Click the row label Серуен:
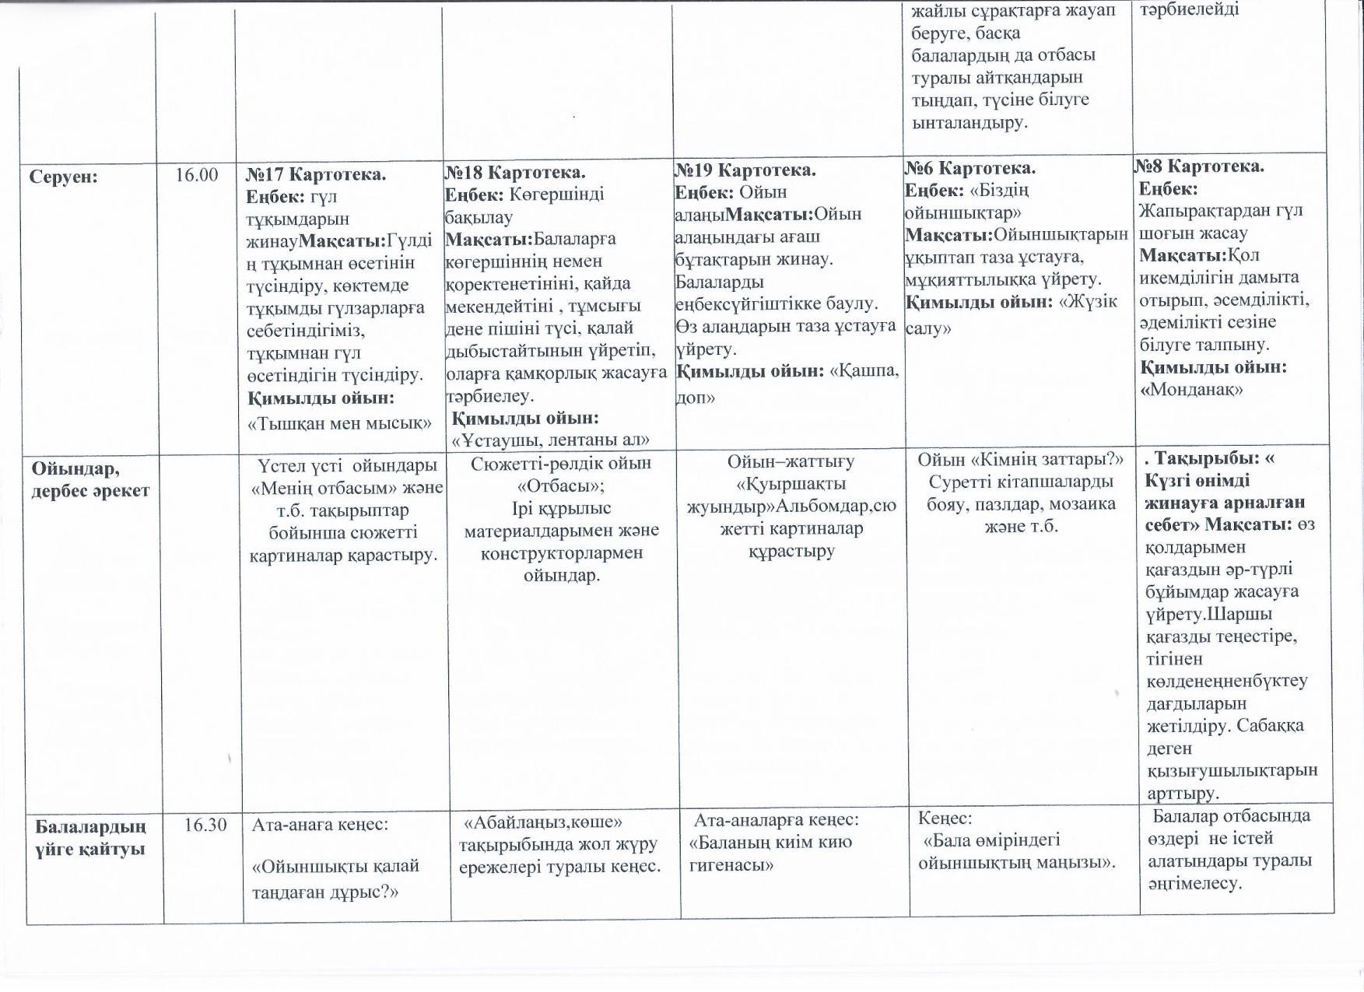click(64, 177)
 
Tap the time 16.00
click(196, 175)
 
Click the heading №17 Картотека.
click(316, 174)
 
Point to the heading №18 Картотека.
click(514, 172)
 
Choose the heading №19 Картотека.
click(745, 170)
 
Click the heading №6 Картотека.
click(970, 168)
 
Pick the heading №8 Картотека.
click(1199, 167)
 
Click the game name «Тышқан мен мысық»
click(339, 423)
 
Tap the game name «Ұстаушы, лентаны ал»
click(551, 440)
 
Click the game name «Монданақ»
click(1190, 390)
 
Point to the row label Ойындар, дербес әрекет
click(89, 479)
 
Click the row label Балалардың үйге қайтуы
click(90, 836)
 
